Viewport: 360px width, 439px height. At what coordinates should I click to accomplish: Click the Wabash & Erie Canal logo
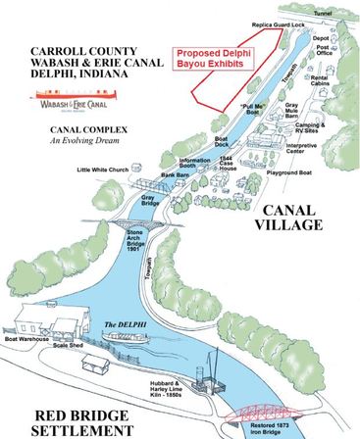pos(73,99)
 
